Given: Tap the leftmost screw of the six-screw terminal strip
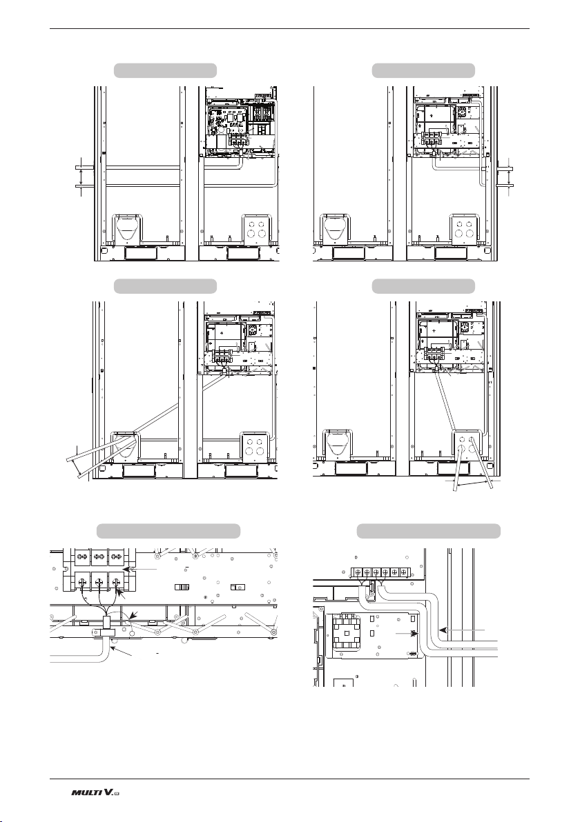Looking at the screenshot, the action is point(357,572).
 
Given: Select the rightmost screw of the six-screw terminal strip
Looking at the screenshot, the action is point(403,572).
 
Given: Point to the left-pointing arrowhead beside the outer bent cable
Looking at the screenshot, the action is point(442,629).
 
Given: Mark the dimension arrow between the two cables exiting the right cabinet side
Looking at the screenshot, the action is point(509,176).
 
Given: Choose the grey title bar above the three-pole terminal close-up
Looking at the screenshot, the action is point(168,530).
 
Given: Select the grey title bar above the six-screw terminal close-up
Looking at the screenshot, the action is point(428,530).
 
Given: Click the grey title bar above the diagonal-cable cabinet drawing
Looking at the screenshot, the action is point(165,286).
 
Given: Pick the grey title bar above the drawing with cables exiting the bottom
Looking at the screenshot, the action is point(423,286).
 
